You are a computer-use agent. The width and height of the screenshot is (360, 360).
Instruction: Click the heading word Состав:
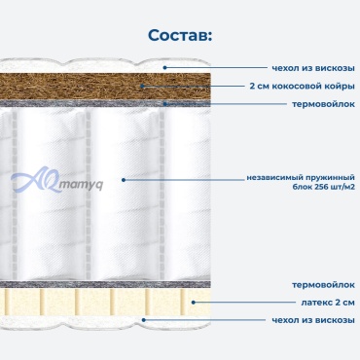point(180,35)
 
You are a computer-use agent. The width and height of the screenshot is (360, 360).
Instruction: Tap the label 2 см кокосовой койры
point(302,87)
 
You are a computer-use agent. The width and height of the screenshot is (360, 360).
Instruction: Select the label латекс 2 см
point(328,303)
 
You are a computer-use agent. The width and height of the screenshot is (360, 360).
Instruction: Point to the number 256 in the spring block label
point(323,187)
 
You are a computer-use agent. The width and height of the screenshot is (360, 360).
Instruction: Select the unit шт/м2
point(344,187)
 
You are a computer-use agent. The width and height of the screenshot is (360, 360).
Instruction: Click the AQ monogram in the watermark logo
point(36,180)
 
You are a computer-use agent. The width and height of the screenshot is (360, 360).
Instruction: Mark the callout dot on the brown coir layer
point(142,87)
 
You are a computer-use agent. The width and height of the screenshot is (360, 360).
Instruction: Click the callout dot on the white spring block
point(124,179)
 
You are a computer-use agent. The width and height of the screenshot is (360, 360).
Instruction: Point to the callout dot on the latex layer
point(194,303)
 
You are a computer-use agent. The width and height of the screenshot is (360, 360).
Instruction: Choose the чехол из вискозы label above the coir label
point(313,68)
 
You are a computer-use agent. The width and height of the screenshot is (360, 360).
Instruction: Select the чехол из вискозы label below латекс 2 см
point(313,320)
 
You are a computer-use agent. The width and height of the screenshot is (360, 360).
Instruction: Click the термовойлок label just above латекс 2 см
point(323,285)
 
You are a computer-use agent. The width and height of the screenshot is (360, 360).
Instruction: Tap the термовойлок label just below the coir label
point(323,104)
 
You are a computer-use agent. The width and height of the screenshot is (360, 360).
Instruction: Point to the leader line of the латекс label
point(246,303)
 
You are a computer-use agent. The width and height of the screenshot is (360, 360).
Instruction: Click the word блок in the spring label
point(303,187)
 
